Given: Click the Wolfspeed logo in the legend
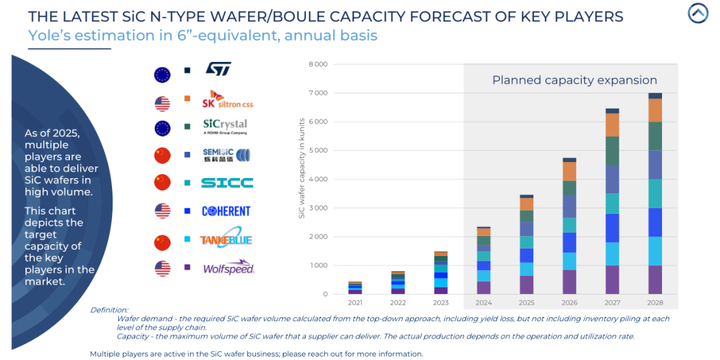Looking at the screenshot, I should (229, 268).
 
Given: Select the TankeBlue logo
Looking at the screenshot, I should (227, 240).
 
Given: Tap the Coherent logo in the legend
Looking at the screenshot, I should (227, 211).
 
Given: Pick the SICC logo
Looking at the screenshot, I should (227, 183).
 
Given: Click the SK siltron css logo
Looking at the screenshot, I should (227, 101).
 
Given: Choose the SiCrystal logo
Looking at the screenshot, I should (225, 127).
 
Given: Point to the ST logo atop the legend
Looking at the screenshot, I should (219, 72).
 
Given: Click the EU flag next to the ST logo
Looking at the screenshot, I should (163, 73).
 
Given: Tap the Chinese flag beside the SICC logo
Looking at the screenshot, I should (163, 183).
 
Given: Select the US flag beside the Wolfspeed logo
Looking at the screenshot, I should (163, 268).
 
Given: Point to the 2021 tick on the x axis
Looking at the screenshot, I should (356, 303).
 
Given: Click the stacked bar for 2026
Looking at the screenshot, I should (568, 226).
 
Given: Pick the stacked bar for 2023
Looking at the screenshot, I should (441, 273).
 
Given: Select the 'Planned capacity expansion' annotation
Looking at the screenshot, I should (574, 80).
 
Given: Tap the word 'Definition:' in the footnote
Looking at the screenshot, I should (111, 310).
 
